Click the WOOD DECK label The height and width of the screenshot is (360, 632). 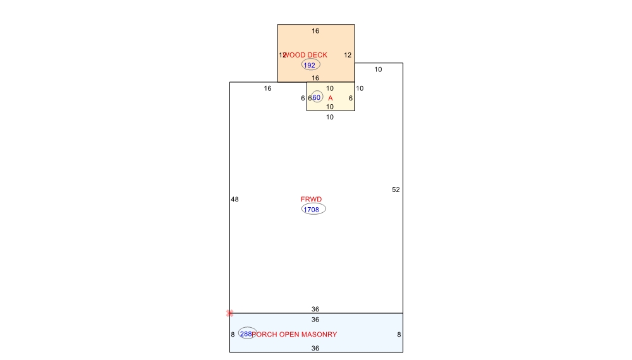(306, 55)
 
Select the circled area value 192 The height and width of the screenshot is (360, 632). (310, 65)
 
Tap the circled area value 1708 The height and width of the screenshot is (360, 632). (313, 209)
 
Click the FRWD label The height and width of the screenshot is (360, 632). (311, 199)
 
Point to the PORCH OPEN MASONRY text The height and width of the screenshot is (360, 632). (295, 334)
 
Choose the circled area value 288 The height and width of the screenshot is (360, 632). (246, 333)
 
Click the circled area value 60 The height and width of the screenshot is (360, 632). (317, 97)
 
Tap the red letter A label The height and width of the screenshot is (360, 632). (330, 98)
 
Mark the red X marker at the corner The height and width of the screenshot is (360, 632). (230, 313)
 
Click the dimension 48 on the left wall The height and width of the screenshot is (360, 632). (234, 199)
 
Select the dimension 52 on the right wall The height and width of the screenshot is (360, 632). (396, 189)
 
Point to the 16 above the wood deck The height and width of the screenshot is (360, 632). (315, 30)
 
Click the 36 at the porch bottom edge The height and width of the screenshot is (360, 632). (315, 348)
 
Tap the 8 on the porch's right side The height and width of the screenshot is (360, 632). (399, 334)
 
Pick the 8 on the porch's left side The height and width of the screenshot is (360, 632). (233, 334)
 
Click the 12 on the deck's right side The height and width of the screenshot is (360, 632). (348, 55)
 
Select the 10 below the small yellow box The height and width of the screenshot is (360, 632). (330, 117)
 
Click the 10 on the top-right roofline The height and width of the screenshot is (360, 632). (378, 69)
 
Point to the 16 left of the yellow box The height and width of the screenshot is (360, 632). (267, 88)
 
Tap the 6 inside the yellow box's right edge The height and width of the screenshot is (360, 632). (350, 98)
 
